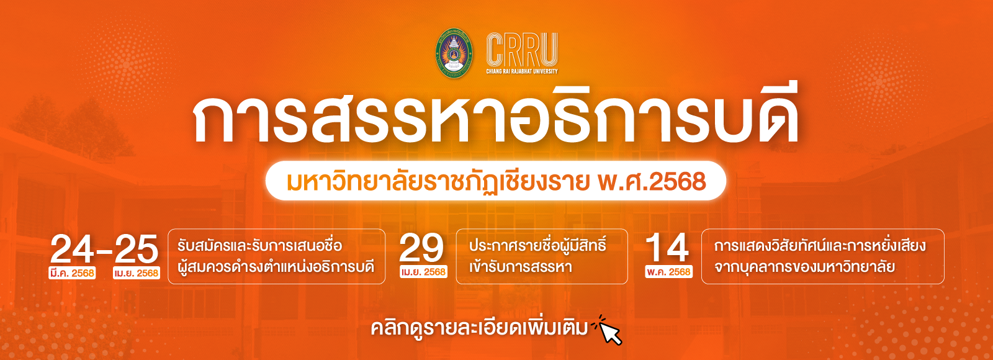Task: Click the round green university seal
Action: (x=454, y=53)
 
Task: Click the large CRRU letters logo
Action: (x=521, y=49)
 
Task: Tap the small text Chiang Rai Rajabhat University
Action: (x=521, y=71)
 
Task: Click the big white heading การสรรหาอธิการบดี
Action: (x=496, y=119)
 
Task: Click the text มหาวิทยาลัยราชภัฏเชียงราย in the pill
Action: (x=438, y=181)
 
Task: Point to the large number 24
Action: (x=73, y=250)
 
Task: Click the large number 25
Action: (x=137, y=250)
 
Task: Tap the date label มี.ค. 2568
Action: (x=73, y=273)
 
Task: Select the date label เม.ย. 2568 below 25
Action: (x=137, y=273)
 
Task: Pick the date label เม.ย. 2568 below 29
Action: (x=423, y=272)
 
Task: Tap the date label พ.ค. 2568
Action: (x=668, y=272)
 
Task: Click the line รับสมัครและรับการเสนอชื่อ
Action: (x=259, y=246)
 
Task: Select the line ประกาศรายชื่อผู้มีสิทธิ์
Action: (x=537, y=245)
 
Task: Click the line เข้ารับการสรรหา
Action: (x=520, y=268)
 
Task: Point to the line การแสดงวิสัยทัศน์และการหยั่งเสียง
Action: (x=820, y=246)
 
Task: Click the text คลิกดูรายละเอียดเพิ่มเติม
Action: (x=479, y=328)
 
